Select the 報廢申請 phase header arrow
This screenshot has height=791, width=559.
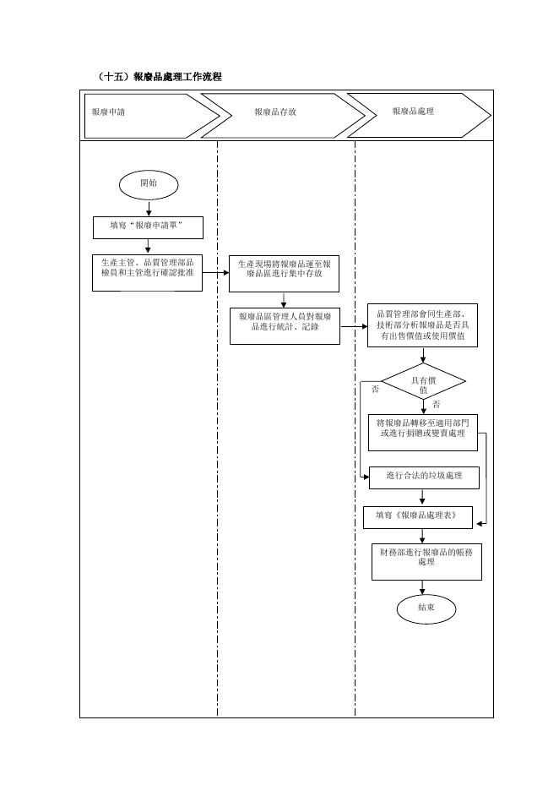click(152, 116)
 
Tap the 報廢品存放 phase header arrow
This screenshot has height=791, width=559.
click(283, 116)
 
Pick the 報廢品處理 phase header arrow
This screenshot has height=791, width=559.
click(419, 116)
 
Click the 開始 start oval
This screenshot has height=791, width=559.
click(149, 184)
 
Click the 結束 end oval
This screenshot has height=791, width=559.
click(426, 609)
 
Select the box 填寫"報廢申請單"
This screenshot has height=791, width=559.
click(148, 227)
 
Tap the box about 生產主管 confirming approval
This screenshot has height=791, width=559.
click(147, 273)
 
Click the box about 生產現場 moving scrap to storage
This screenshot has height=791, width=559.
click(284, 274)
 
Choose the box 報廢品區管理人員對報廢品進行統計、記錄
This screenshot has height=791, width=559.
click(285, 326)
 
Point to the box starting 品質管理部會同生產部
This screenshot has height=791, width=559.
click(422, 325)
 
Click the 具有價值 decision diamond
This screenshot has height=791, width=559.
click(423, 381)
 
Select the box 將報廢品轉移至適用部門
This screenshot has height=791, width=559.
click(423, 433)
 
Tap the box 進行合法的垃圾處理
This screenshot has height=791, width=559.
click(424, 477)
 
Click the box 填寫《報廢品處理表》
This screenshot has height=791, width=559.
click(418, 517)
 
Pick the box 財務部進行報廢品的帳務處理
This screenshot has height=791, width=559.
click(427, 561)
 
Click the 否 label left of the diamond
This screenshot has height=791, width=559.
click(375, 390)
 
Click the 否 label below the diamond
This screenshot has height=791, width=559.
click(436, 405)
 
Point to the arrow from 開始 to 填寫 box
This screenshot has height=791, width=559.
click(149, 209)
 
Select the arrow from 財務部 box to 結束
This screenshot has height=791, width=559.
click(422, 587)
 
